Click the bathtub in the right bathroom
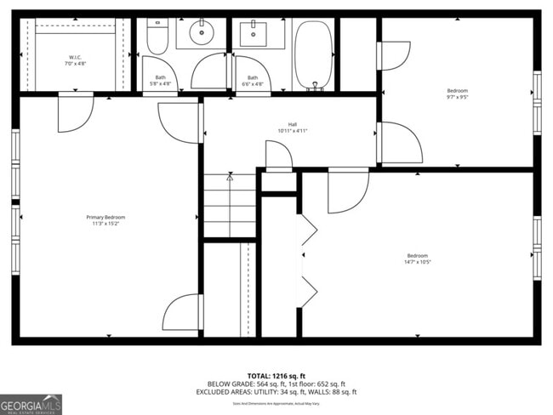pyautogui.click(x=314, y=54)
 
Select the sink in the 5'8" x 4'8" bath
pyautogui.click(x=201, y=35)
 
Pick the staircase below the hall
pyautogui.click(x=230, y=207)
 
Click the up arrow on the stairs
pyautogui.click(x=230, y=179)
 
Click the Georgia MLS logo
pyautogui.click(x=31, y=404)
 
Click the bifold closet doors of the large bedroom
pyautogui.click(x=308, y=259)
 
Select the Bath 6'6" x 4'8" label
pyautogui.click(x=252, y=81)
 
